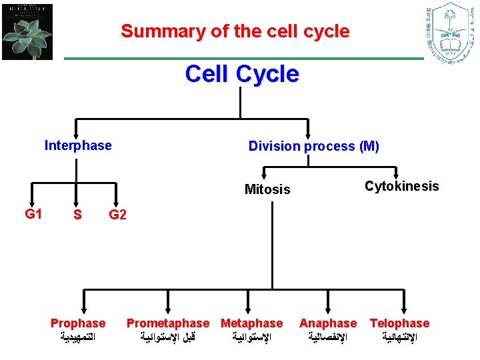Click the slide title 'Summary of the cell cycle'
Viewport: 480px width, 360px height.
(x=235, y=31)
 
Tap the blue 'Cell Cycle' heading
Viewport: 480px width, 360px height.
(x=242, y=74)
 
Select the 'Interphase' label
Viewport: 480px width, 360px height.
(x=78, y=145)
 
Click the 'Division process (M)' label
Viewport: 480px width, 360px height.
(x=313, y=146)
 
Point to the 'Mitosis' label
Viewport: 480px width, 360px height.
(x=267, y=189)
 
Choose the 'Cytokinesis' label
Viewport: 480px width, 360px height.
(x=402, y=186)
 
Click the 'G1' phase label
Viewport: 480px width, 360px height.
(x=34, y=214)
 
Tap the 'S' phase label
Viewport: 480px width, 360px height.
(x=78, y=215)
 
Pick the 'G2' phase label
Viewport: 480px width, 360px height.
(x=118, y=215)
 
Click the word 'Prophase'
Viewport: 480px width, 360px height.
(x=78, y=323)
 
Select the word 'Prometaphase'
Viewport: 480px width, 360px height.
(x=168, y=323)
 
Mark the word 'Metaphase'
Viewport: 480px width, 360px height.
(x=251, y=323)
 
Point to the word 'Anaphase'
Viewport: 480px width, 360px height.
(x=328, y=323)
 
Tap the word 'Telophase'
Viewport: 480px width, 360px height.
(x=399, y=323)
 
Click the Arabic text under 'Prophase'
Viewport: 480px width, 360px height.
(x=78, y=337)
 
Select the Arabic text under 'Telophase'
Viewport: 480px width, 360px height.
(x=400, y=337)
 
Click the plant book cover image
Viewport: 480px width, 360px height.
(x=27, y=31)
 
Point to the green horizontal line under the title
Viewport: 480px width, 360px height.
(x=243, y=59)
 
